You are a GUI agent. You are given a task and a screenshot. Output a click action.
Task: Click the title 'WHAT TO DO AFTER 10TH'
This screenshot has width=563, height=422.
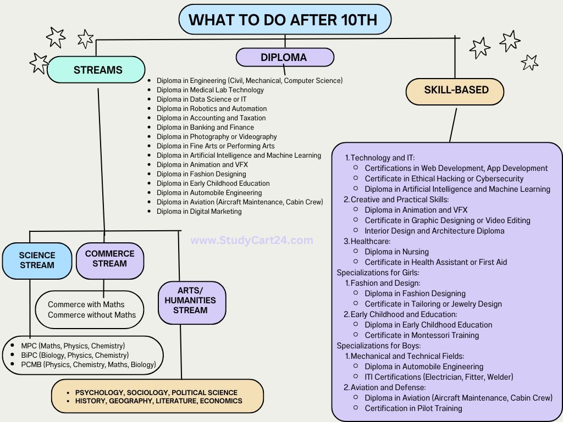point(284,20)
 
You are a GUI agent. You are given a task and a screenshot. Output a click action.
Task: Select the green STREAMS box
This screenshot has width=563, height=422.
point(97,70)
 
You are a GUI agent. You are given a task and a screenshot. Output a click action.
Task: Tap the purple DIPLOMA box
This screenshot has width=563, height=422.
point(284,57)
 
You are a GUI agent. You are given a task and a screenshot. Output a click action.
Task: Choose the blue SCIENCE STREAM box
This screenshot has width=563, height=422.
point(37,260)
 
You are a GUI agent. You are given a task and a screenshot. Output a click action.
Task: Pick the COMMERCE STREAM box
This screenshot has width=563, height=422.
point(109,259)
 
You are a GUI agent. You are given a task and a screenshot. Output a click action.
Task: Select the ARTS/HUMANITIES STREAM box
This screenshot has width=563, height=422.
point(191,301)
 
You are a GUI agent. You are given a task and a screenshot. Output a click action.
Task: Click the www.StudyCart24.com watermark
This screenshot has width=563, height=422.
point(252,240)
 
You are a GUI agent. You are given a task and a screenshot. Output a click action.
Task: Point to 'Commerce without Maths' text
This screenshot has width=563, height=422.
point(92,315)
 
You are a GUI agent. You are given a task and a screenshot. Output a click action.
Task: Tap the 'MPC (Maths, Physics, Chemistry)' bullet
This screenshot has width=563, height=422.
point(73,346)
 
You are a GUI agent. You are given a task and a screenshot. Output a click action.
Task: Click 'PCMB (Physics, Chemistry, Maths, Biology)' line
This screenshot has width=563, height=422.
point(88,364)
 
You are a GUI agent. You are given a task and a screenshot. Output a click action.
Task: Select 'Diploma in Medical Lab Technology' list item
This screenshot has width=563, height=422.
point(210,90)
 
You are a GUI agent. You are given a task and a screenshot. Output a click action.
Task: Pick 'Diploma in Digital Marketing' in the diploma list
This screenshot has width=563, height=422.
point(199,212)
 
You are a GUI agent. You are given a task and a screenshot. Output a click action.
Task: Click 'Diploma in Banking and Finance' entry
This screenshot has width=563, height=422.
point(205,127)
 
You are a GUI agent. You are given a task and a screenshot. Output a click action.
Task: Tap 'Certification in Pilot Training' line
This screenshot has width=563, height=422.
point(413,408)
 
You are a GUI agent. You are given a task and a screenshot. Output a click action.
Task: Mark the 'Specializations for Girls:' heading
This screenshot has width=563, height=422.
point(378,273)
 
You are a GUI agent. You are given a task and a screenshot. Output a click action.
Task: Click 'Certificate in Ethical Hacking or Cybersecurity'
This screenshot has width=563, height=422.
point(444,179)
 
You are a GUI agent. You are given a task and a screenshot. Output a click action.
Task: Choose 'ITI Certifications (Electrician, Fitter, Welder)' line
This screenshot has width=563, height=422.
point(439,377)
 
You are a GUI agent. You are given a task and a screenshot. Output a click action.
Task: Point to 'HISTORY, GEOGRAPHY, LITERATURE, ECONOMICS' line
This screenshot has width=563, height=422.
point(158,401)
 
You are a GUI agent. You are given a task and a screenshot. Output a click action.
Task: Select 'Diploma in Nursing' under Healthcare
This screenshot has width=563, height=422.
point(396,252)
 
